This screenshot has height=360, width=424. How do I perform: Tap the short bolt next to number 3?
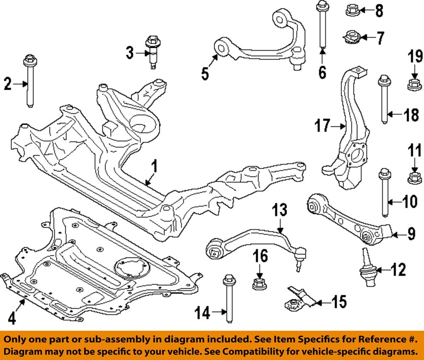coord(151,53)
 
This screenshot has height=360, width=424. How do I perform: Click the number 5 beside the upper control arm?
coord(205,73)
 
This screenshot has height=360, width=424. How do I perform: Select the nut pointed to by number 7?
coord(351,38)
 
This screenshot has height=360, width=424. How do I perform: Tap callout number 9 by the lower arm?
coord(411,234)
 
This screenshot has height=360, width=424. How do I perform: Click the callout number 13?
coord(279,209)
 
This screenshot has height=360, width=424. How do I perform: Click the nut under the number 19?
coord(414,84)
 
